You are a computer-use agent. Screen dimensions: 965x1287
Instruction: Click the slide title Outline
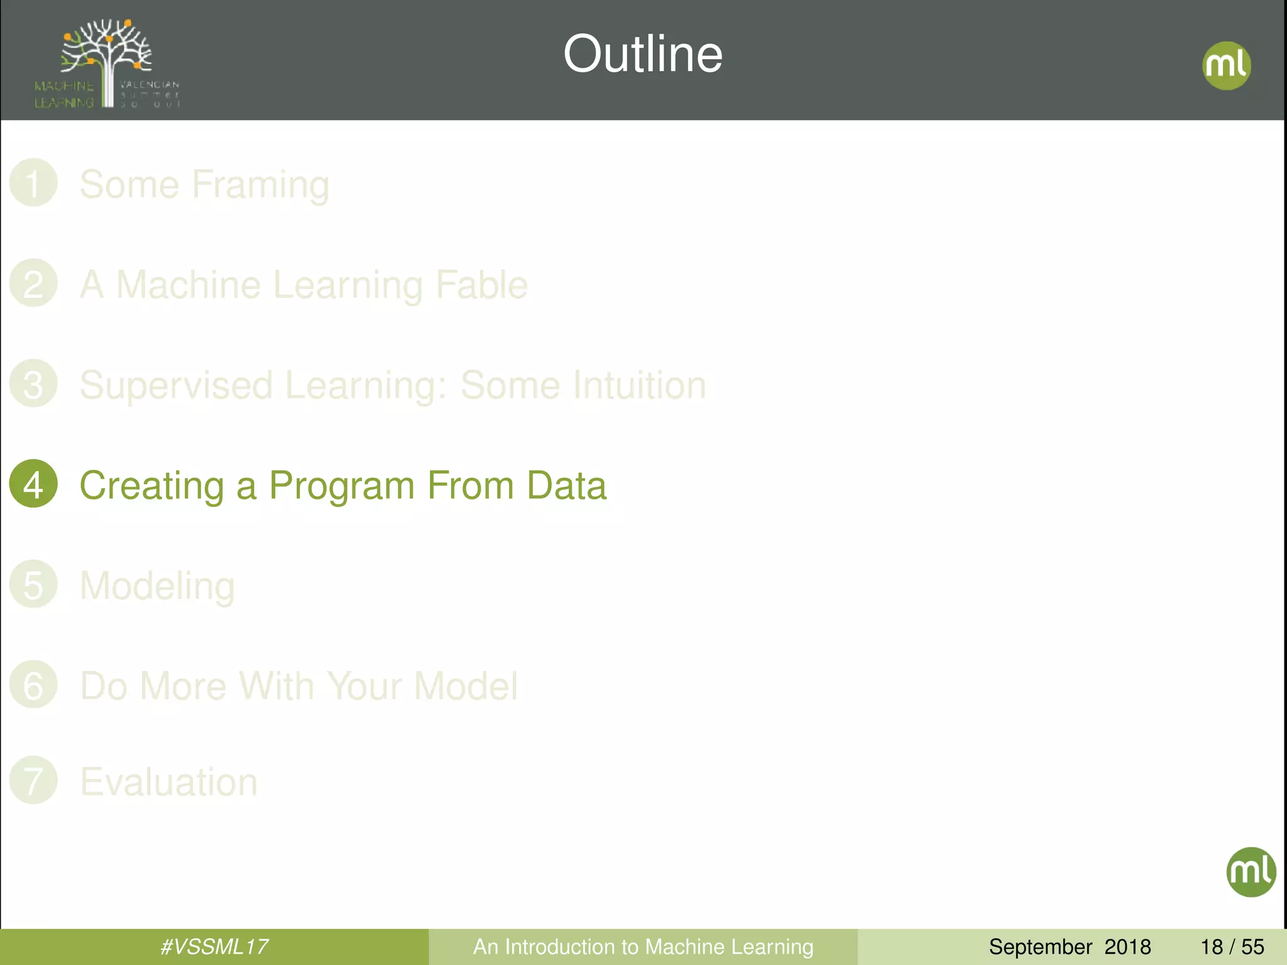point(642,54)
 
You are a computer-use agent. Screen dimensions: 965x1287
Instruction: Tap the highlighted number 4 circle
point(33,484)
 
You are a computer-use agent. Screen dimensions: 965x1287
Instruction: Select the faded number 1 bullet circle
point(33,183)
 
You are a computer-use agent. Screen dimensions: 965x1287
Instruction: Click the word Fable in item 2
point(481,285)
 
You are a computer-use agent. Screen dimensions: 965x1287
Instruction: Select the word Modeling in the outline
point(157,586)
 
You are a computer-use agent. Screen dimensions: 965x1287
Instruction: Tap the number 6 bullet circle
point(33,685)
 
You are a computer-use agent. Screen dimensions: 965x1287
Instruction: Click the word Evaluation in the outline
point(168,782)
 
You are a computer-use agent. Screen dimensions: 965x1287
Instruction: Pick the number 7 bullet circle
point(33,780)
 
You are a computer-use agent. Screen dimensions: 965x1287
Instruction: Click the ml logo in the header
point(1226,65)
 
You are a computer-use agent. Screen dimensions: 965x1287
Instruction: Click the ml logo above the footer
point(1251,872)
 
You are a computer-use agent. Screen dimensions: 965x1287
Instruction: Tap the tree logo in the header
point(107,63)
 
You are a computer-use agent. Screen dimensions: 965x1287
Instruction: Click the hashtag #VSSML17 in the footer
point(214,947)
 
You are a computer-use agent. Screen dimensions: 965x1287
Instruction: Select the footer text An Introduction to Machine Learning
point(643,947)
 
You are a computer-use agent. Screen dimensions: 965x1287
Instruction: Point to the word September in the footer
point(1040,947)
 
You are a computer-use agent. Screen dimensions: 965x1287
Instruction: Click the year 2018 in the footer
point(1127,947)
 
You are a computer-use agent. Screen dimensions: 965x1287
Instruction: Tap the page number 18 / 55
point(1232,947)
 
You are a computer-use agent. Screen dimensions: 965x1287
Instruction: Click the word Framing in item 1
point(260,185)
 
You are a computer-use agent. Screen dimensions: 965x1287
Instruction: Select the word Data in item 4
point(566,486)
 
